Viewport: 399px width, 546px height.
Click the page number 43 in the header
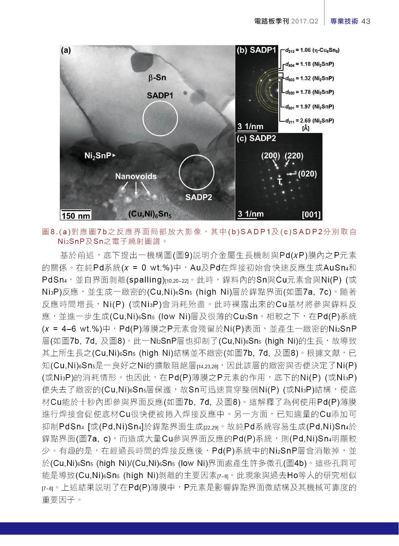point(366,21)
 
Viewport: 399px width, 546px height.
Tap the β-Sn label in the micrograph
point(157,77)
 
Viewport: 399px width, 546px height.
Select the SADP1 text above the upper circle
point(160,95)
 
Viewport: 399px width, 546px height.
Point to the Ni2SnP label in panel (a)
point(98,156)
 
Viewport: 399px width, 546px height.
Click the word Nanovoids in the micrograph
point(136,176)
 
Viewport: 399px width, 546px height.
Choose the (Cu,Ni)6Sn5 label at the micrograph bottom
point(150,214)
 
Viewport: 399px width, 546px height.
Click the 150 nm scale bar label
point(76,215)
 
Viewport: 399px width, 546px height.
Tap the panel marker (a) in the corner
point(66,50)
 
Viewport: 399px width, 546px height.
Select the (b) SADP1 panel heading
point(256,50)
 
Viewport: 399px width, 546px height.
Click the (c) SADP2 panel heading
point(256,138)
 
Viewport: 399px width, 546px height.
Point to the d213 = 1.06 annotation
point(312,50)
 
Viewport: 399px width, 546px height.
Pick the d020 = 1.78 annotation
point(309,92)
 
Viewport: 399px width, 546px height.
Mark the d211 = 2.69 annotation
point(309,121)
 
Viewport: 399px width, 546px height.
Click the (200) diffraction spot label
point(270,156)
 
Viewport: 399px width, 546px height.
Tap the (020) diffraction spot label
point(307,174)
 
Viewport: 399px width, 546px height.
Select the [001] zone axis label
point(311,215)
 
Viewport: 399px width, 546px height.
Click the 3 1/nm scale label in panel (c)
point(250,214)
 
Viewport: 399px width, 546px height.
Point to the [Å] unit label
point(306,128)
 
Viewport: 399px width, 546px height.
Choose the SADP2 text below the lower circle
point(199,197)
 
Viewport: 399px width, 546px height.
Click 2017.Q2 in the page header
point(304,21)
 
